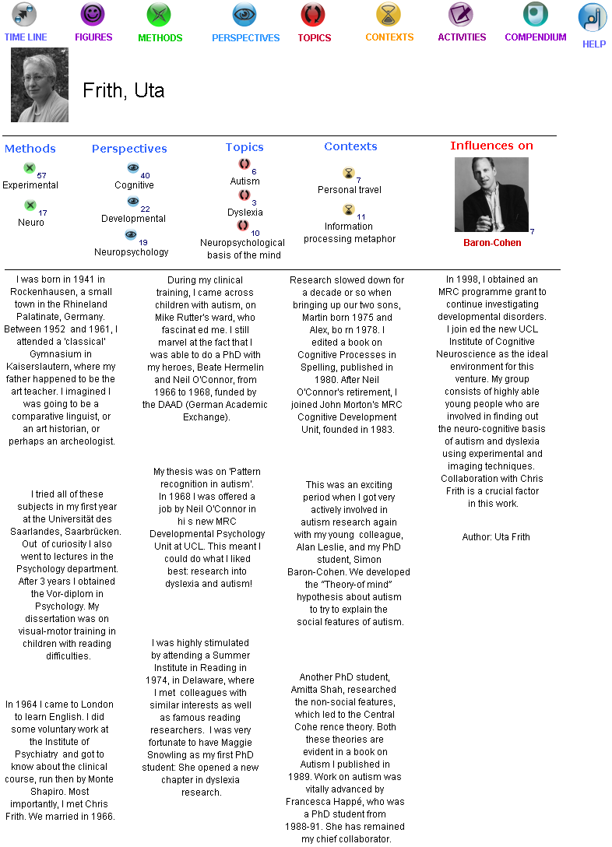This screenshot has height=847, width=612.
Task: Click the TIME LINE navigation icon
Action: coord(25,14)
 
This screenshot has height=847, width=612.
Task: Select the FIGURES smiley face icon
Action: coord(93,14)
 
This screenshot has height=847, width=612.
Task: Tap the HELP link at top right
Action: coord(594,44)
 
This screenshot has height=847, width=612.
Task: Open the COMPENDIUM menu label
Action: coord(535,37)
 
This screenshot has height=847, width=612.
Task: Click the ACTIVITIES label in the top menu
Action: coord(462,37)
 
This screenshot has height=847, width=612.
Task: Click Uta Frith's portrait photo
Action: coord(40,85)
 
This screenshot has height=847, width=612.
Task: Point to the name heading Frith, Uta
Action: coord(124,90)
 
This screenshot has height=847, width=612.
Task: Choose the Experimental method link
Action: coord(30,185)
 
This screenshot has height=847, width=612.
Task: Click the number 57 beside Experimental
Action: coord(41,175)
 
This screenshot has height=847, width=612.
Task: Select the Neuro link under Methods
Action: coord(31,223)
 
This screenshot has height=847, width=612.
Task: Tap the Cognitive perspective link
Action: coord(134,185)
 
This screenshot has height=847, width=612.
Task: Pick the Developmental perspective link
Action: coord(133,219)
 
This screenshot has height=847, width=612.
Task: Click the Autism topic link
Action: coord(244,181)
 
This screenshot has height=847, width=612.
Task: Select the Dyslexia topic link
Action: coord(244,213)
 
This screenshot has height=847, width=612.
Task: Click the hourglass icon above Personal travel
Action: coord(348,173)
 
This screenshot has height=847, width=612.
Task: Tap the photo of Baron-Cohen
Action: coord(491,195)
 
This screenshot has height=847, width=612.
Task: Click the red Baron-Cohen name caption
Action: coord(492,243)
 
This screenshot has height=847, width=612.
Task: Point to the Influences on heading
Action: coord(491,146)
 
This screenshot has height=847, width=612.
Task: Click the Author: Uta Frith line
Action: coord(495,537)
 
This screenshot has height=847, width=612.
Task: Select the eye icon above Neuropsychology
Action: coord(131,234)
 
